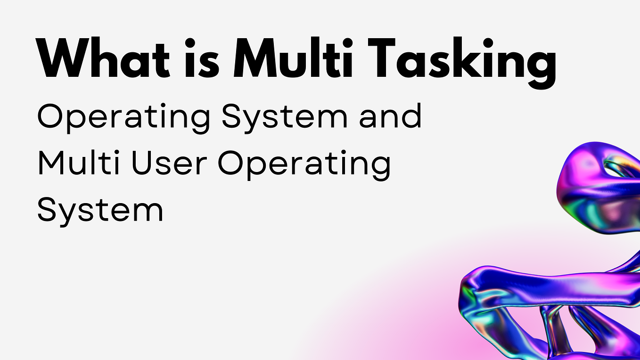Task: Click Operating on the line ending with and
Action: [123, 118]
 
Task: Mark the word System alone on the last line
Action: [100, 210]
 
